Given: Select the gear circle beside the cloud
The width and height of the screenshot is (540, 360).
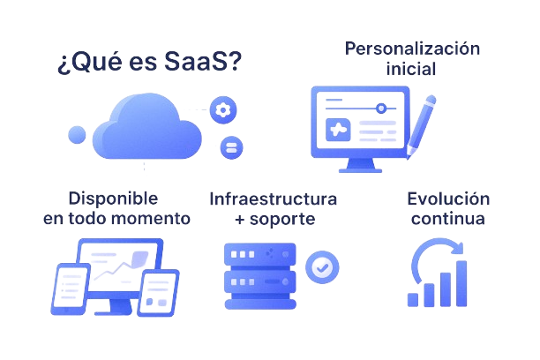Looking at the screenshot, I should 223,110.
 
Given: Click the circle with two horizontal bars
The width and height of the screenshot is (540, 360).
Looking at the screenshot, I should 231,147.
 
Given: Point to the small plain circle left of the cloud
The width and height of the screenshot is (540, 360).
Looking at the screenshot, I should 77,135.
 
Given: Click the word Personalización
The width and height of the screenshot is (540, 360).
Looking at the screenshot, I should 413,49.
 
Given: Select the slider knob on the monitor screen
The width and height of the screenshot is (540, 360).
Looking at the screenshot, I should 380,109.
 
